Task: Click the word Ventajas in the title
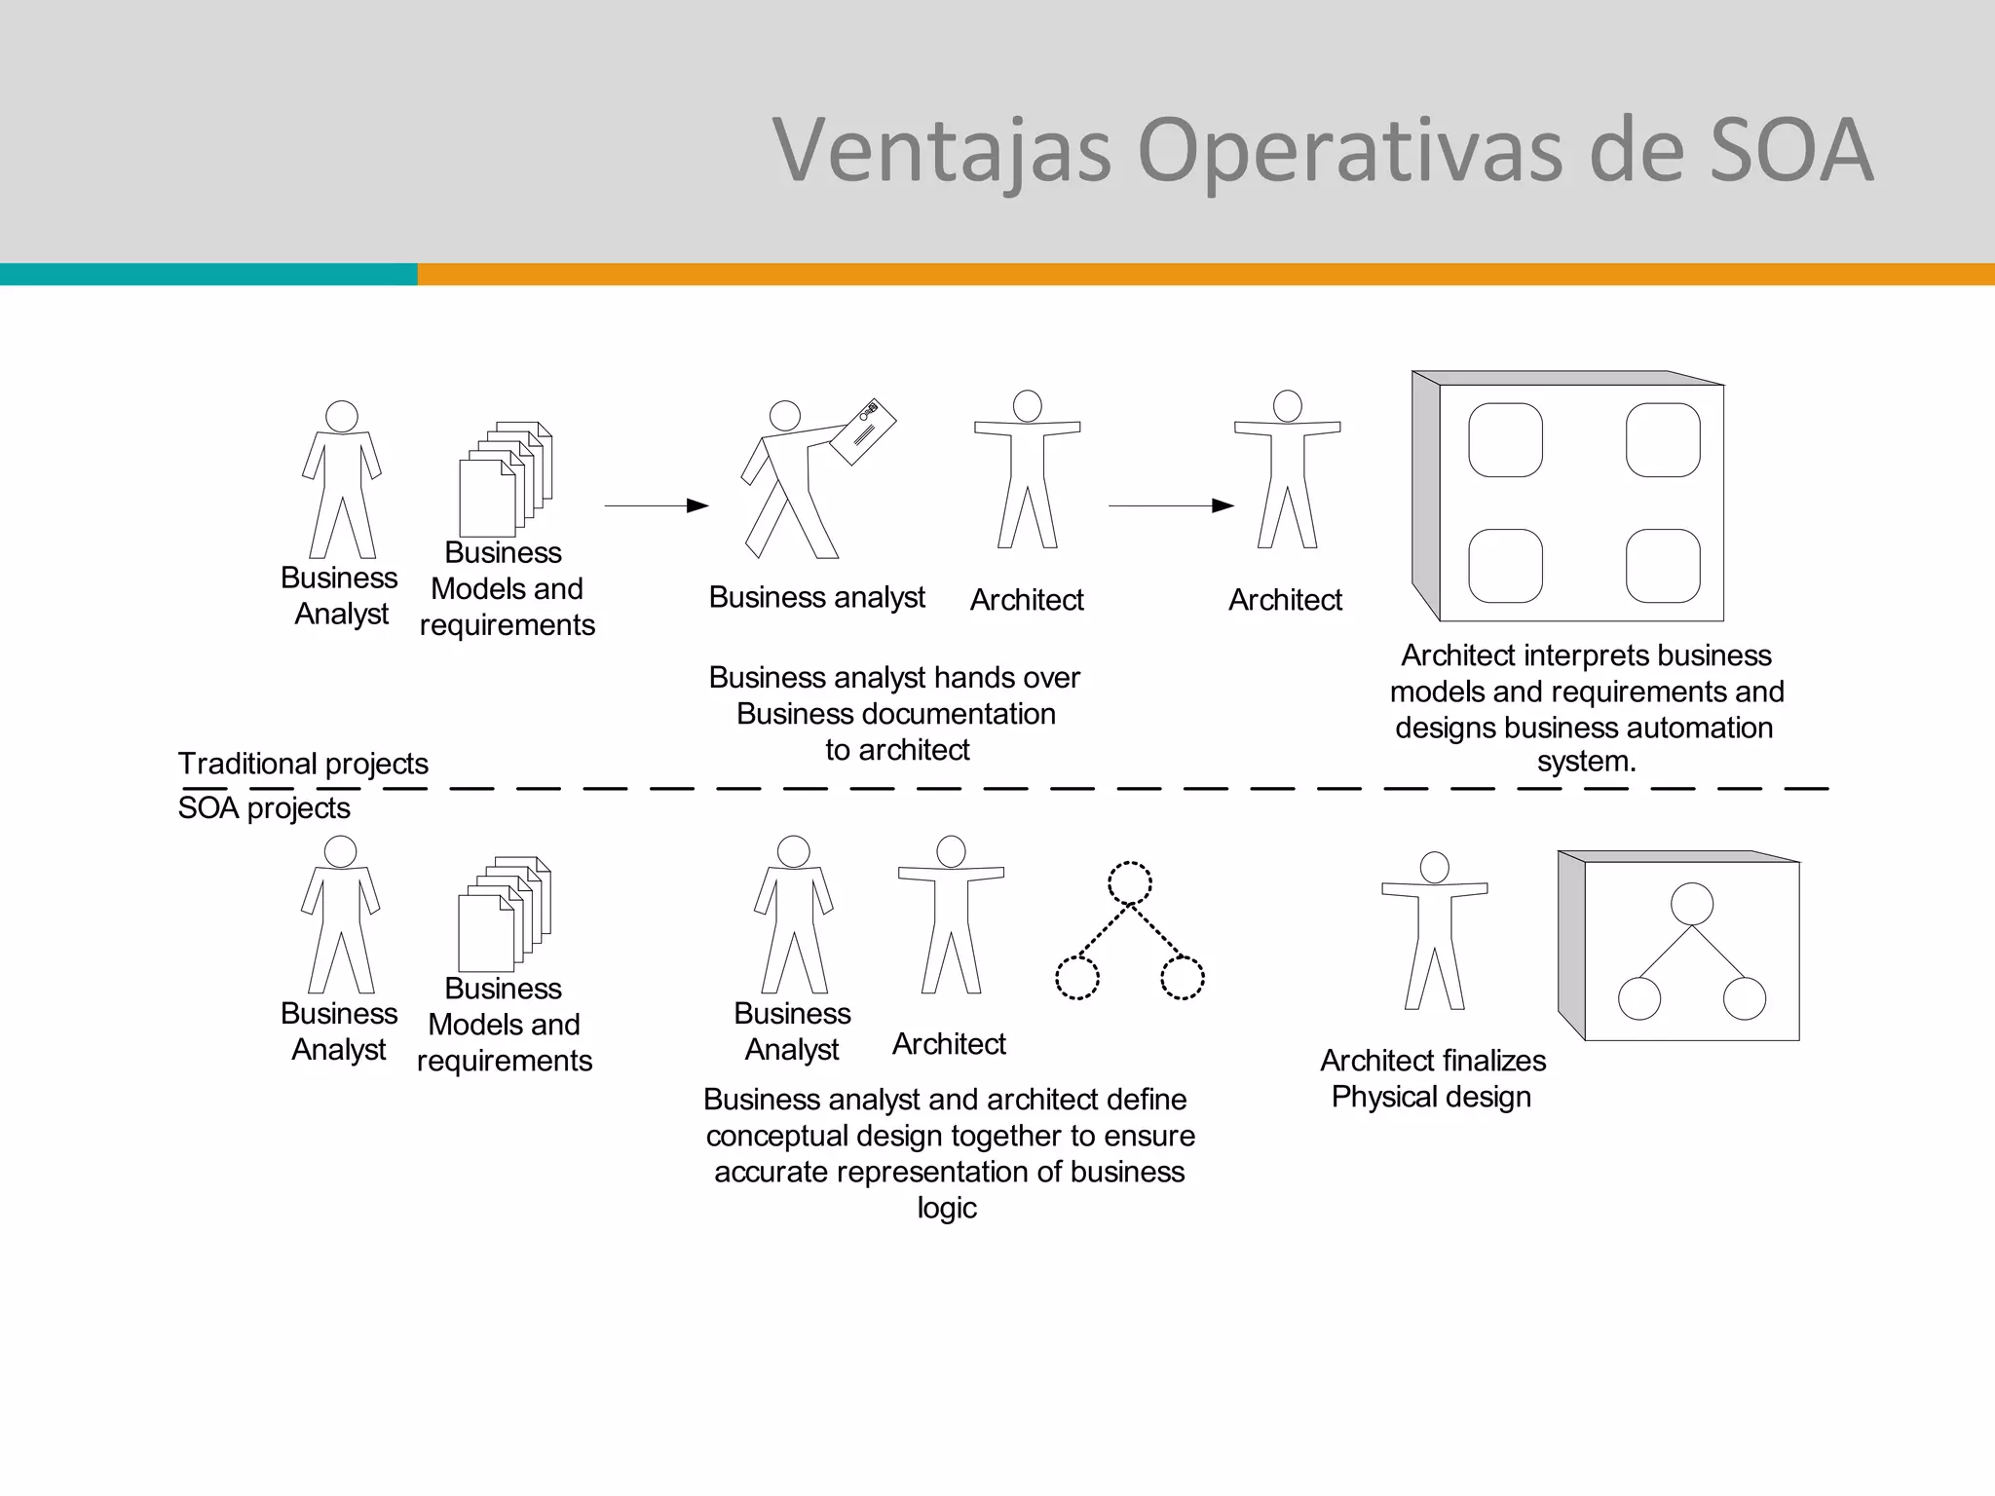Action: point(941,151)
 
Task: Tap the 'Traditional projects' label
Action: point(303,764)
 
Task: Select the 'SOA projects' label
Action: point(264,807)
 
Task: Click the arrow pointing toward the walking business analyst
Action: point(656,505)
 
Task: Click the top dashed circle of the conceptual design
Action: point(1130,883)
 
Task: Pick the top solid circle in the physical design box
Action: point(1692,904)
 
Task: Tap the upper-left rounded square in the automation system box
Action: point(1505,440)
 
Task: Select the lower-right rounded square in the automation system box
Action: point(1663,566)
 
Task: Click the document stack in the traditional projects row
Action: point(506,479)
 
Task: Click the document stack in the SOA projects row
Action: point(505,915)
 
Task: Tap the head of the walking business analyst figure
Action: point(785,416)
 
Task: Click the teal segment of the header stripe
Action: point(208,274)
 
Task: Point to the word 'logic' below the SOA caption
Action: point(947,1208)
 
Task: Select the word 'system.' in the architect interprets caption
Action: point(1586,762)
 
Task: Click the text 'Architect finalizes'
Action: point(1433,1060)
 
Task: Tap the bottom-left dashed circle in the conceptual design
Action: point(1077,978)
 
